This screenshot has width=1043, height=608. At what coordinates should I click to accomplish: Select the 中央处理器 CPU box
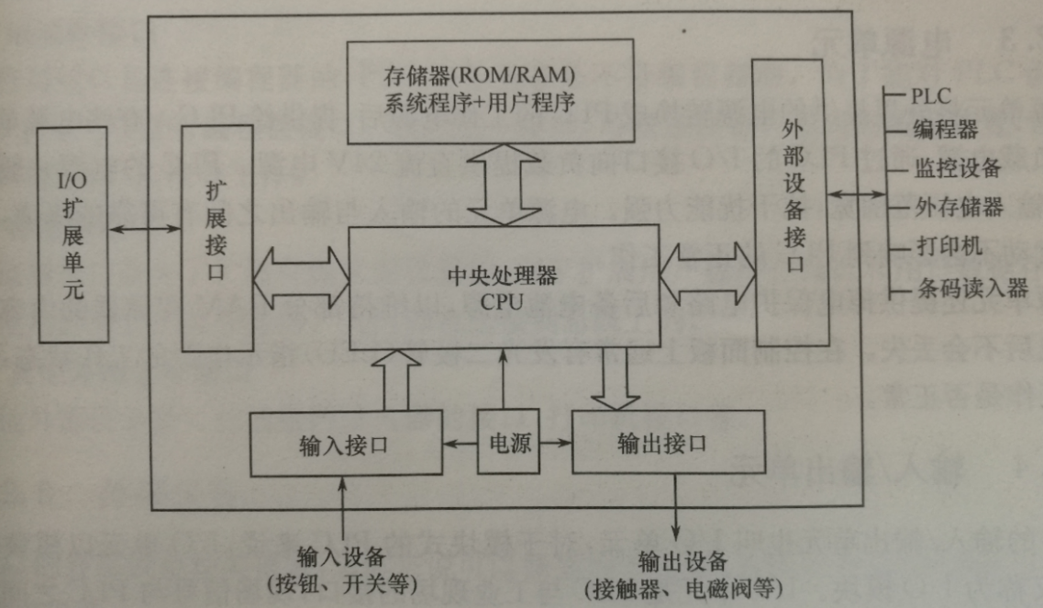(x=503, y=287)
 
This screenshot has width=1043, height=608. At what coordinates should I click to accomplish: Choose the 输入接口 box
(x=344, y=445)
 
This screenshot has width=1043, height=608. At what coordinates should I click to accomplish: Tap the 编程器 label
(x=945, y=129)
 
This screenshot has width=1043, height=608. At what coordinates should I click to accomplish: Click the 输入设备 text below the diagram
(x=341, y=557)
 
